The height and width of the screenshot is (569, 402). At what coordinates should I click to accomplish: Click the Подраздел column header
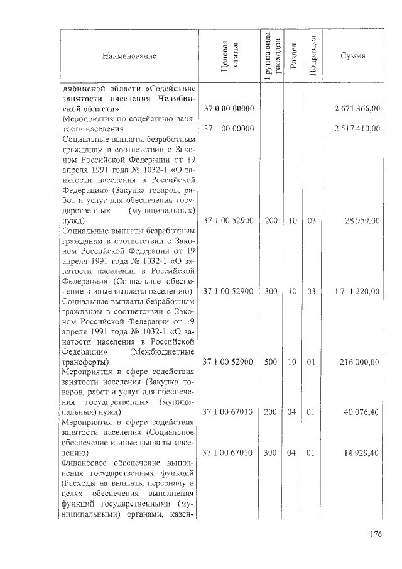coord(313,57)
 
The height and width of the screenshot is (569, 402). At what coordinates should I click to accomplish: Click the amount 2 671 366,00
coord(358,109)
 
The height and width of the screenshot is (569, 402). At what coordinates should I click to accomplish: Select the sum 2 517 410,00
coord(358,129)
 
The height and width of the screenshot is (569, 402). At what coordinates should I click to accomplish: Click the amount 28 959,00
coord(365,221)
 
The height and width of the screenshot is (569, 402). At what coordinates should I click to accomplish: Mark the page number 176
coord(376,535)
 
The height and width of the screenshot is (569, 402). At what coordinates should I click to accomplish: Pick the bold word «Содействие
coord(168,89)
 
